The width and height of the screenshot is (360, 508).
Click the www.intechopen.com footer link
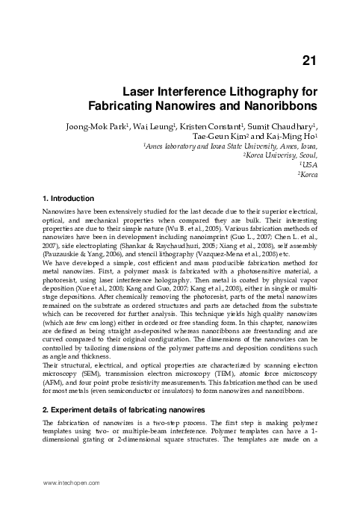point(72,483)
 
